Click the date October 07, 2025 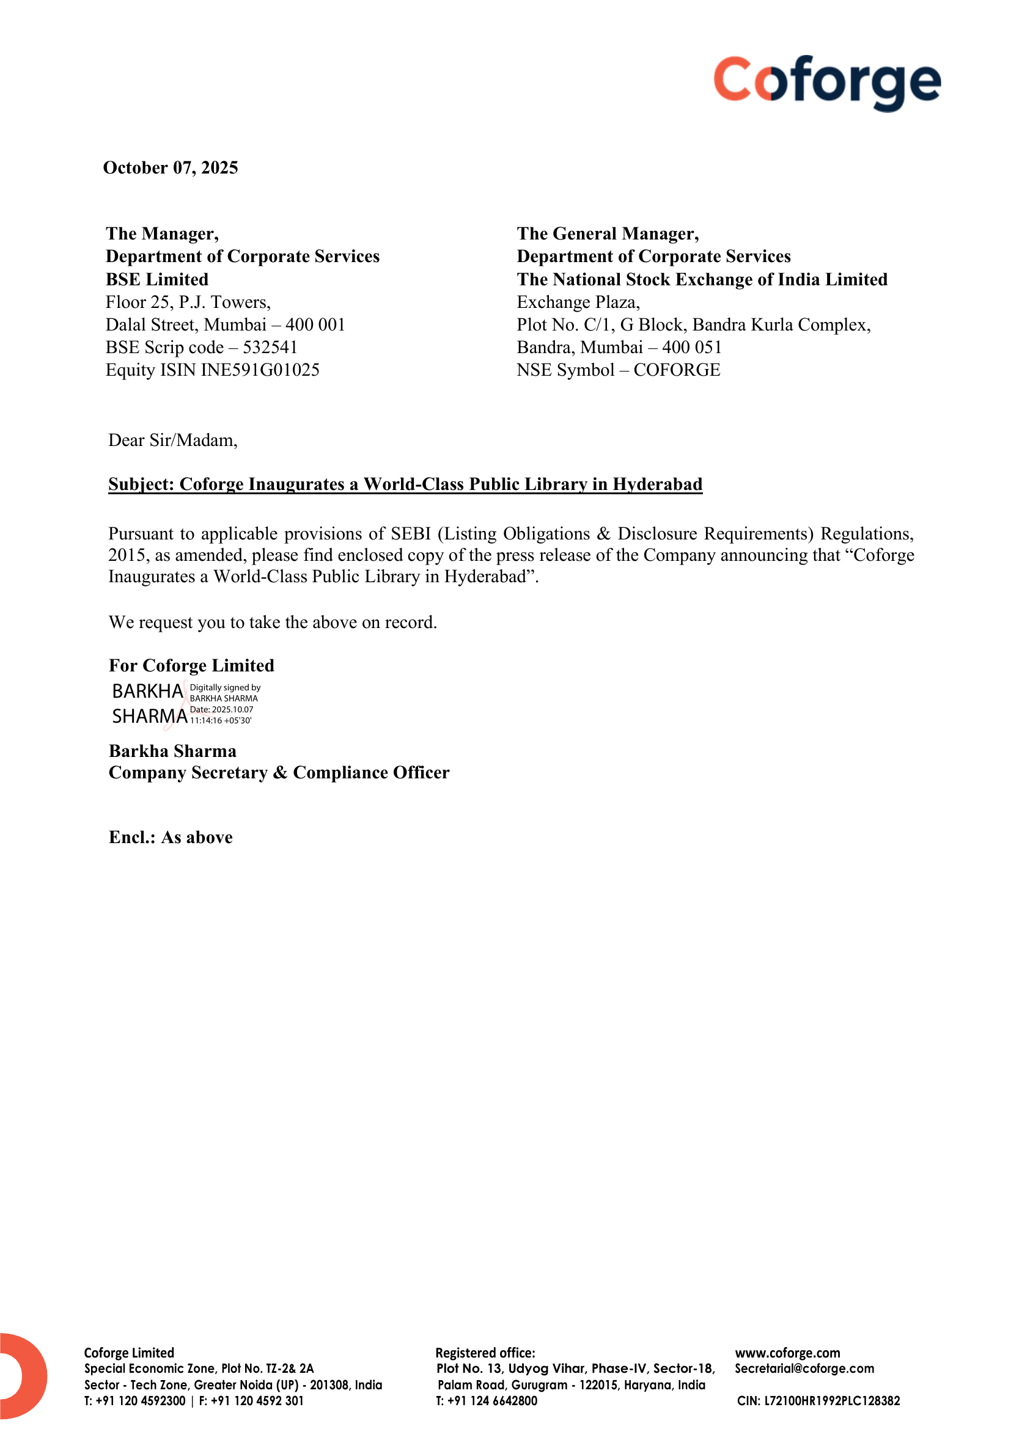tap(171, 168)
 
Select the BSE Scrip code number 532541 tap(270, 347)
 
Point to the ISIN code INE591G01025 tap(260, 370)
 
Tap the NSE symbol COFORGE tap(677, 370)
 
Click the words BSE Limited tap(157, 279)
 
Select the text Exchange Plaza tap(578, 302)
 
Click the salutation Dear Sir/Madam tap(173, 440)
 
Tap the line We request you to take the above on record tap(273, 623)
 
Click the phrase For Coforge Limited tap(191, 666)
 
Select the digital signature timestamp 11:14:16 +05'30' tap(221, 721)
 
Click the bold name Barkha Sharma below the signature tap(172, 751)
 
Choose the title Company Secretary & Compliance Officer tap(279, 773)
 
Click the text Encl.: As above tap(171, 838)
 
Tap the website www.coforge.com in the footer tap(787, 1353)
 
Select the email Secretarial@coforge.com tap(804, 1369)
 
